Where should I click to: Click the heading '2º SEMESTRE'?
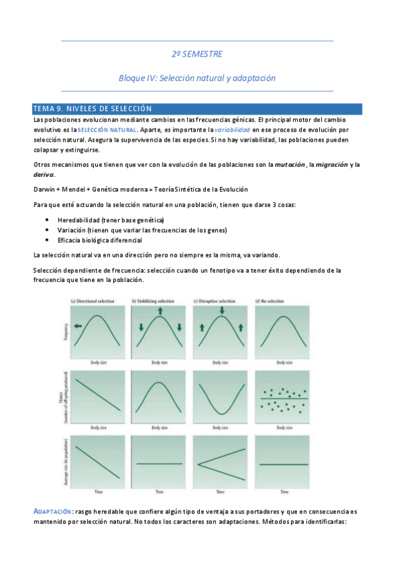pyautogui.click(x=197, y=54)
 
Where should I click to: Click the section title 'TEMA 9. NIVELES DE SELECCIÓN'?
pyautogui.click(x=93, y=108)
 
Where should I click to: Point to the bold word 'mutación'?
pyautogui.click(x=294, y=164)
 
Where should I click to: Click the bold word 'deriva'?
pyautogui.click(x=44, y=174)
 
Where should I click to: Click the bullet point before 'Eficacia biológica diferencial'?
pyautogui.click(x=47, y=239)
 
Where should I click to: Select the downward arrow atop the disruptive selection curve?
pyautogui.click(x=222, y=311)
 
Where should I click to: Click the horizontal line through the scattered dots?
pyautogui.click(x=284, y=398)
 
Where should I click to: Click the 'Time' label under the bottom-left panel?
pyautogui.click(x=98, y=492)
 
